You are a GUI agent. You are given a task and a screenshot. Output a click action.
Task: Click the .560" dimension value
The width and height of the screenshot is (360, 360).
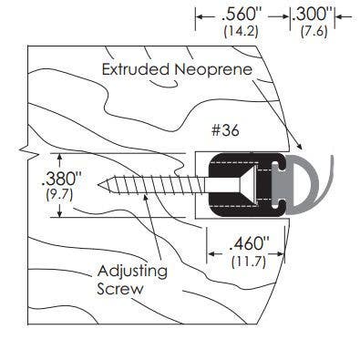242,15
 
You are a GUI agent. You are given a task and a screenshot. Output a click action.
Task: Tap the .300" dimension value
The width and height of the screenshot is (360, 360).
311,15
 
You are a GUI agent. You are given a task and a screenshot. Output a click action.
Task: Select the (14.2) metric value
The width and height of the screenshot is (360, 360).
241,31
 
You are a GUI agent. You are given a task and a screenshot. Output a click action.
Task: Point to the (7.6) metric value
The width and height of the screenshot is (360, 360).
313,31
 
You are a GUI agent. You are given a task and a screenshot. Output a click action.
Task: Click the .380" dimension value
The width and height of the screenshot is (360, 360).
67,178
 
